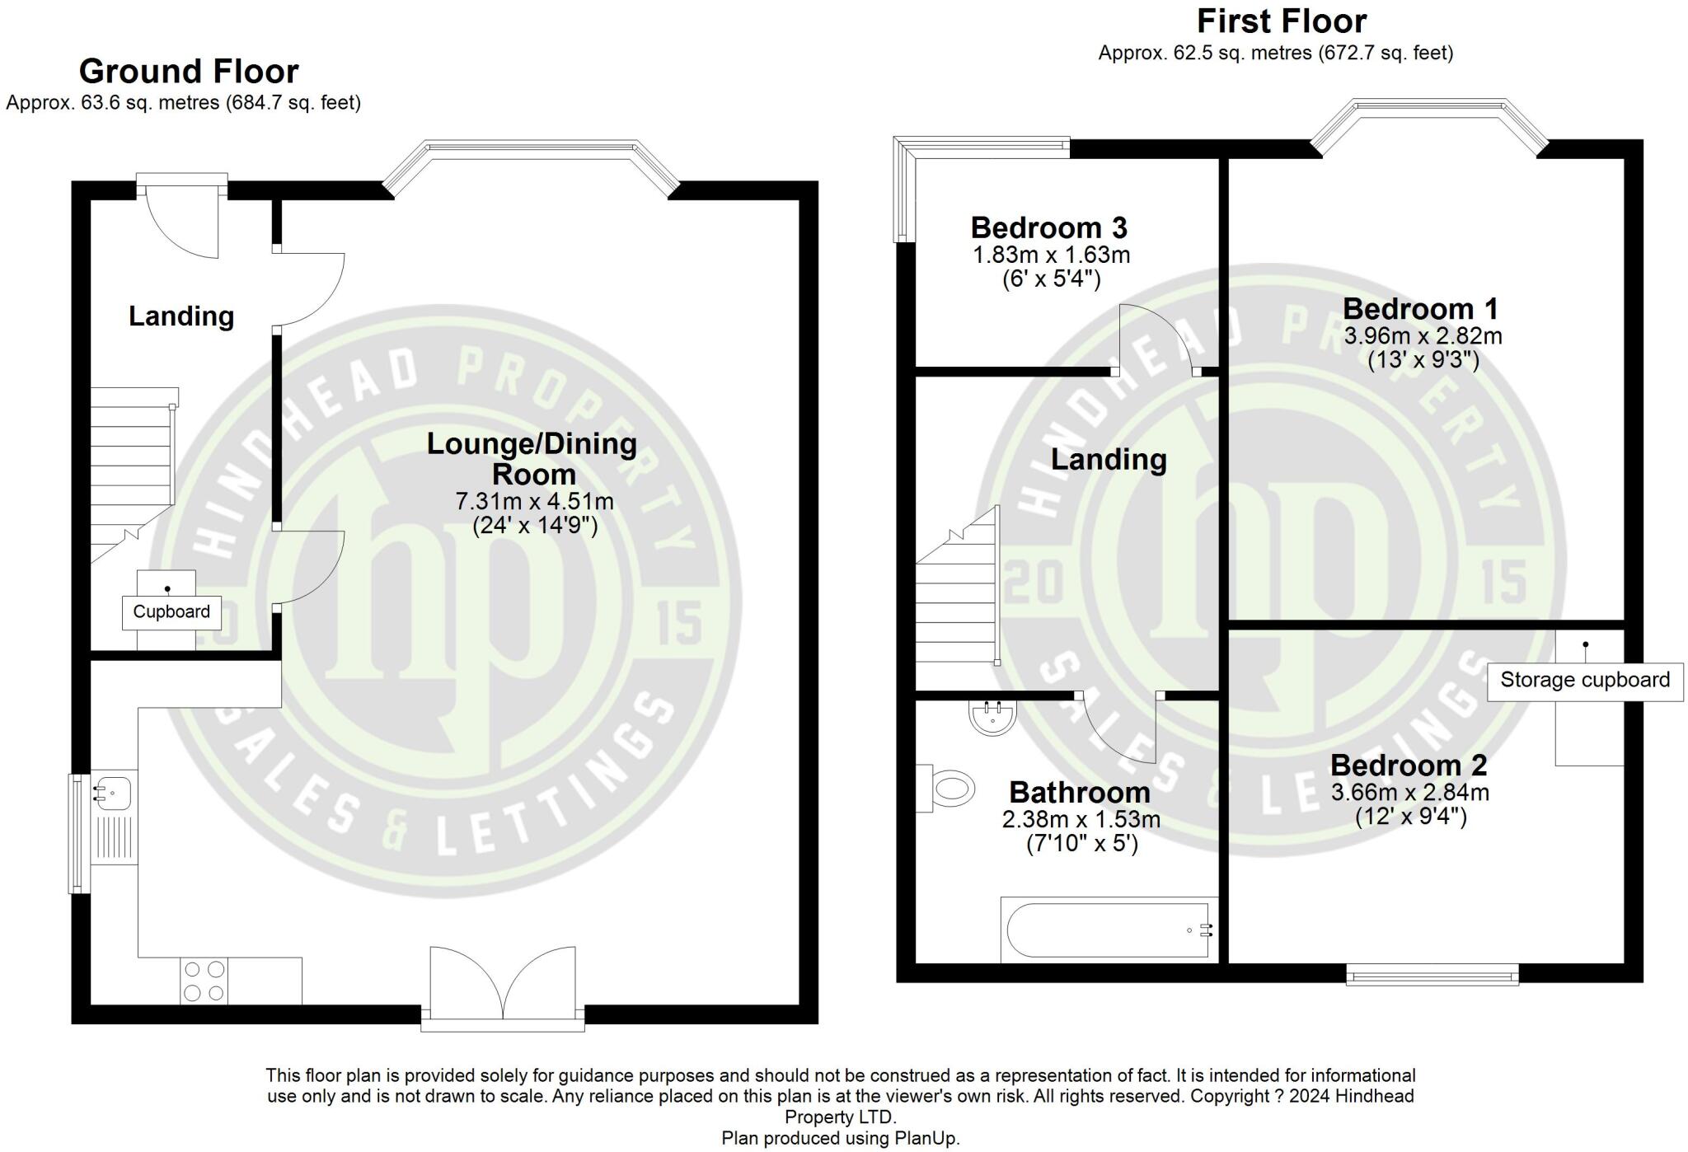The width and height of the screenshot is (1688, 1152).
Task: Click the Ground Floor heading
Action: click(x=189, y=72)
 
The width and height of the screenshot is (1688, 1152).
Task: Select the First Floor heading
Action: click(x=1282, y=21)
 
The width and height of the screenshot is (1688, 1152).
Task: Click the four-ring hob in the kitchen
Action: click(x=204, y=981)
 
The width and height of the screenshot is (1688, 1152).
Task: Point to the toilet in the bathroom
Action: click(x=947, y=789)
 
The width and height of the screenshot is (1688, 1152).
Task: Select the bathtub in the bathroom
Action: click(x=1109, y=930)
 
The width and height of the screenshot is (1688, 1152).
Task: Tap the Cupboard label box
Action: click(x=171, y=612)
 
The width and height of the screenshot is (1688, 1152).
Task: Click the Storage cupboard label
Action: click(x=1585, y=681)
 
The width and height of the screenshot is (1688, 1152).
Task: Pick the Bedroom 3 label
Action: click(x=1049, y=227)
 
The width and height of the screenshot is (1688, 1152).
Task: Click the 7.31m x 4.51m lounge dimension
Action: click(x=535, y=501)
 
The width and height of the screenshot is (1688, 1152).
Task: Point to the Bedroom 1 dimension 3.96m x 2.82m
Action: click(x=1423, y=336)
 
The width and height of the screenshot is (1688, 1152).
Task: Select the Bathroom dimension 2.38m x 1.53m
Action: click(x=1081, y=820)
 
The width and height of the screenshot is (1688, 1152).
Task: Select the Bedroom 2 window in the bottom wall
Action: click(x=1432, y=975)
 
